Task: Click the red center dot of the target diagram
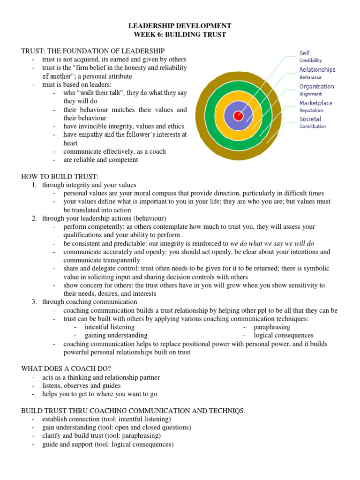pos(238,116)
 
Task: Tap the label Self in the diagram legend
pos(305,53)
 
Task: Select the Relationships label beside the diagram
pos(317,69)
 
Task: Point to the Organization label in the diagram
pos(317,86)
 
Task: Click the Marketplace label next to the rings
pos(316,103)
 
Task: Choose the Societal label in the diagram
pos(310,119)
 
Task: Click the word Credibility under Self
pos(311,60)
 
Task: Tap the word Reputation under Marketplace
pos(311,110)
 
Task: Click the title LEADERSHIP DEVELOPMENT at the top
pos(180,26)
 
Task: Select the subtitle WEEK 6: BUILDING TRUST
pos(180,34)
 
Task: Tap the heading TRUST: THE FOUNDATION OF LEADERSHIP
pos(93,51)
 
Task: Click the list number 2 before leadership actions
pos(34,218)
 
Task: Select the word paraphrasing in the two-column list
pos(272,327)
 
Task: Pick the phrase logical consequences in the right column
pos(284,335)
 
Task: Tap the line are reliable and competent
pos(101,160)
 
